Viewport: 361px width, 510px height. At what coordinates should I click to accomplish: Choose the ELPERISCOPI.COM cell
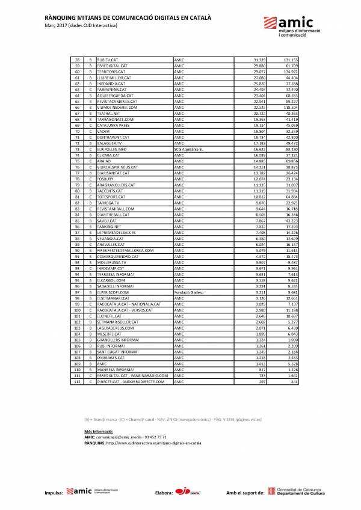(112, 292)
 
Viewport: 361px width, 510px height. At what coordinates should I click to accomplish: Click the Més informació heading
(99, 431)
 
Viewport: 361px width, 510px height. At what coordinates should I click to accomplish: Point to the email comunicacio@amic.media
(125, 437)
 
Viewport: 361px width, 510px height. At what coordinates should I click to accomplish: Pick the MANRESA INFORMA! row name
(112, 370)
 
